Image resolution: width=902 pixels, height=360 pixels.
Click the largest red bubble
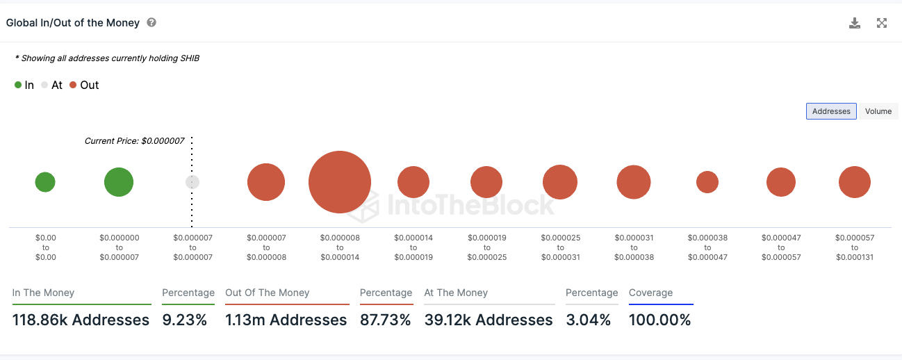click(339, 182)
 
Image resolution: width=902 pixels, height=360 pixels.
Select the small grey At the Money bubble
click(192, 182)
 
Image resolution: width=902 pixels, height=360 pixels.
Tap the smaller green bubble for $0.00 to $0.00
click(45, 182)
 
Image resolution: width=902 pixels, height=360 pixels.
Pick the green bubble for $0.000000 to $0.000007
click(119, 182)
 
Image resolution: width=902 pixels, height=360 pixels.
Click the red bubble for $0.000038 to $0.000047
click(707, 182)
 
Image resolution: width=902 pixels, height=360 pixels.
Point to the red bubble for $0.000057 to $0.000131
click(855, 182)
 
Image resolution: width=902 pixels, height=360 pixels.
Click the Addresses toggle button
click(831, 111)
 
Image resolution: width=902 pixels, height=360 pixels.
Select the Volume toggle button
click(878, 111)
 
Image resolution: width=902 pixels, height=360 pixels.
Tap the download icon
click(855, 23)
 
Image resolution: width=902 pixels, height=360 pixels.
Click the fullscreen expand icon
click(882, 23)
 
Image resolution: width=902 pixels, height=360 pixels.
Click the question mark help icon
click(151, 22)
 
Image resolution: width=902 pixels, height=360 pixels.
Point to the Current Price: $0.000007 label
click(134, 141)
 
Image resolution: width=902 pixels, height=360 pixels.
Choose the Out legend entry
click(84, 85)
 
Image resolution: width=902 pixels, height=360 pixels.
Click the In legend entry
click(24, 85)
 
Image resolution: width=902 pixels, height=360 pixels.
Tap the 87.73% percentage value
click(385, 320)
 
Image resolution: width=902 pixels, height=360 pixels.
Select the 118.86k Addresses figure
click(81, 320)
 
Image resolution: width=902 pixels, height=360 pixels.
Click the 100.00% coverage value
click(659, 320)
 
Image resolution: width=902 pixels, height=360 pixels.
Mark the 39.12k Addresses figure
click(489, 320)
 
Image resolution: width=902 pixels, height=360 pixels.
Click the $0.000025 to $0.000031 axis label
click(560, 247)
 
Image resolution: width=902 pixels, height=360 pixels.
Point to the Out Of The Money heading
click(268, 293)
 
